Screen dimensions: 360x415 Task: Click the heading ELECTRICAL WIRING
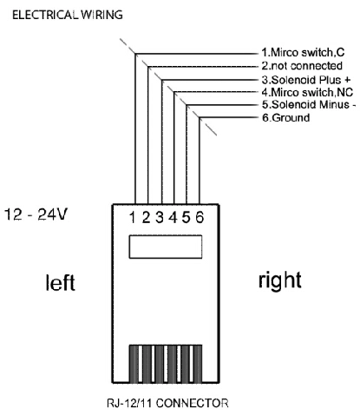[x=68, y=15]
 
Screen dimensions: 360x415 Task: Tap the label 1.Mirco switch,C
[x=303, y=53]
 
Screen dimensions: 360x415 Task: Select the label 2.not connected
[x=302, y=66]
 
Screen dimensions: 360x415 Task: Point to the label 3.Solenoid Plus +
[x=306, y=79]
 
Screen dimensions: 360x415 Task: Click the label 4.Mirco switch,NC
[x=307, y=92]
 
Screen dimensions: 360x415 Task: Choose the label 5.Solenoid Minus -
[x=309, y=104]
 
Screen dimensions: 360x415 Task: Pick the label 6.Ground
[x=285, y=118]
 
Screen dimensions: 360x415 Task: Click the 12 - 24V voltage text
[x=36, y=214]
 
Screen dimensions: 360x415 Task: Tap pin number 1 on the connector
[x=133, y=217]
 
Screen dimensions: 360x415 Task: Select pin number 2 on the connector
[x=146, y=217]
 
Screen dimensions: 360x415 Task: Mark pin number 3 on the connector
[x=160, y=217]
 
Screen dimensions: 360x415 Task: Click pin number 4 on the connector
[x=173, y=217]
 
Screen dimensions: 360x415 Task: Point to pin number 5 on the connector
[x=187, y=217]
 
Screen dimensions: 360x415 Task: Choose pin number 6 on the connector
[x=200, y=217]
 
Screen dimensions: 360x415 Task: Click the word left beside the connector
[x=61, y=282]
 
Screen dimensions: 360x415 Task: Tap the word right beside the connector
[x=279, y=280]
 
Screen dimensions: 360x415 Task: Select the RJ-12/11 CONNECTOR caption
[x=167, y=403]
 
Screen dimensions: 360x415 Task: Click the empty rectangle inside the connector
[x=166, y=247]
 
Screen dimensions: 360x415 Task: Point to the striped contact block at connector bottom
[x=166, y=364]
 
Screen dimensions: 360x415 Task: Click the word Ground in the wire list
[x=291, y=118]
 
